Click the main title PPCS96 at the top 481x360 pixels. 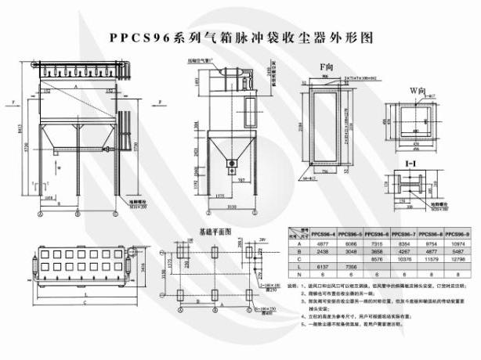[x=238, y=37]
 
